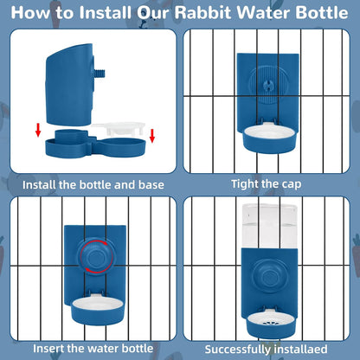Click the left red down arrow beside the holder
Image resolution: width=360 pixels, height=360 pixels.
click(x=37, y=131)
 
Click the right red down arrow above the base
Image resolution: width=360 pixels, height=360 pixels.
click(x=152, y=135)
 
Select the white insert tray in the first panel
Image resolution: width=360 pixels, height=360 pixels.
click(x=121, y=129)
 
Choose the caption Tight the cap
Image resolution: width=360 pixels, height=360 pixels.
click(x=267, y=183)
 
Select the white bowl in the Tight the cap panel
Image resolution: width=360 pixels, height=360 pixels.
click(x=270, y=136)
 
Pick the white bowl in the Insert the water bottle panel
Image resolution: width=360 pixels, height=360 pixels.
click(x=93, y=304)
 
